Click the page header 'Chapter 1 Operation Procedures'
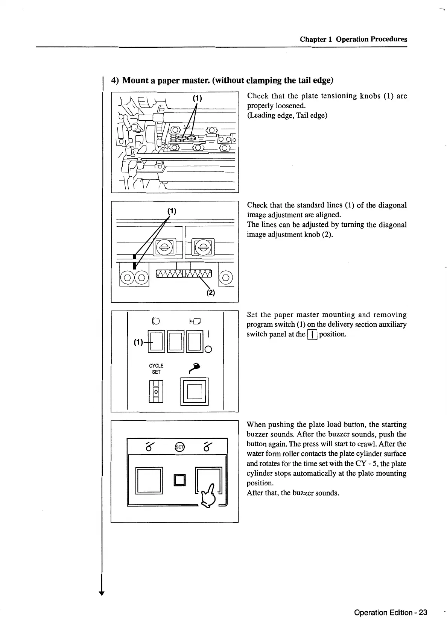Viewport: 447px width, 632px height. tap(353, 39)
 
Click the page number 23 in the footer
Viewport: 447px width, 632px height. tap(423, 612)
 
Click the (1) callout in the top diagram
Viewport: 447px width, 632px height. tap(198, 99)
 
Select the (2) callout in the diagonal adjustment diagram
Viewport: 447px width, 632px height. tap(211, 293)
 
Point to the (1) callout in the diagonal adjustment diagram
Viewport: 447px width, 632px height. tap(172, 211)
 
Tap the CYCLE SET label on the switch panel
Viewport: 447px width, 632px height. tap(156, 369)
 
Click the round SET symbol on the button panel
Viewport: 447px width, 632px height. tap(180, 447)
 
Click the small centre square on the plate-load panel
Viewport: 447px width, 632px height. tap(180, 480)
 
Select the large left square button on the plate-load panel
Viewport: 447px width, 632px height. tap(149, 480)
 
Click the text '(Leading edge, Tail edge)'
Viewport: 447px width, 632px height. tap(287, 115)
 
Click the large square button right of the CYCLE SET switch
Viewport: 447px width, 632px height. tap(195, 391)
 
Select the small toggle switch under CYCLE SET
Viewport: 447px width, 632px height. tap(156, 391)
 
